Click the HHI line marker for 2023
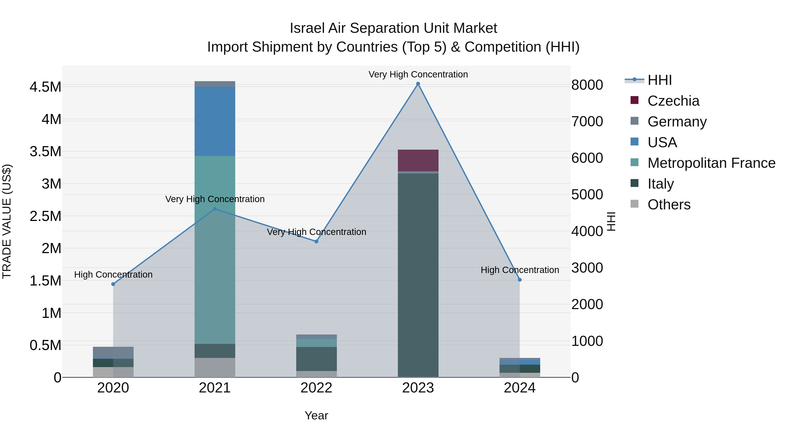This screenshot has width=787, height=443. click(418, 84)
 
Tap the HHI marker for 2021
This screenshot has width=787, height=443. click(215, 209)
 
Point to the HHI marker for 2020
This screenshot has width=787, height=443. click(113, 284)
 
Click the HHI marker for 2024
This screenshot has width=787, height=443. click(520, 280)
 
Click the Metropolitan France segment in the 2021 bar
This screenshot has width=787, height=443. click(215, 250)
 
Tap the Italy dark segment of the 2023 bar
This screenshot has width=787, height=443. click(418, 275)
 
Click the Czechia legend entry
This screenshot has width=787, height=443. click(673, 101)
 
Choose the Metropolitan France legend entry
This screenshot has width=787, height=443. click(711, 163)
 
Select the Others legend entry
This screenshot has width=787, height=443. click(669, 205)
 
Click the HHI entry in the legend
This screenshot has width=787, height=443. click(659, 80)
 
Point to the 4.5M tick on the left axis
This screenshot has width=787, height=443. click(45, 87)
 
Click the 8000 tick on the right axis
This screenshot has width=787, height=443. click(587, 85)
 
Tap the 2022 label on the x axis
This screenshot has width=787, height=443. click(316, 388)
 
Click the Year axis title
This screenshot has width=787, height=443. click(316, 415)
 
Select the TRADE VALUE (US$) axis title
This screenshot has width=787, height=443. click(7, 221)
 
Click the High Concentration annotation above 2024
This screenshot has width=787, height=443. click(520, 270)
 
